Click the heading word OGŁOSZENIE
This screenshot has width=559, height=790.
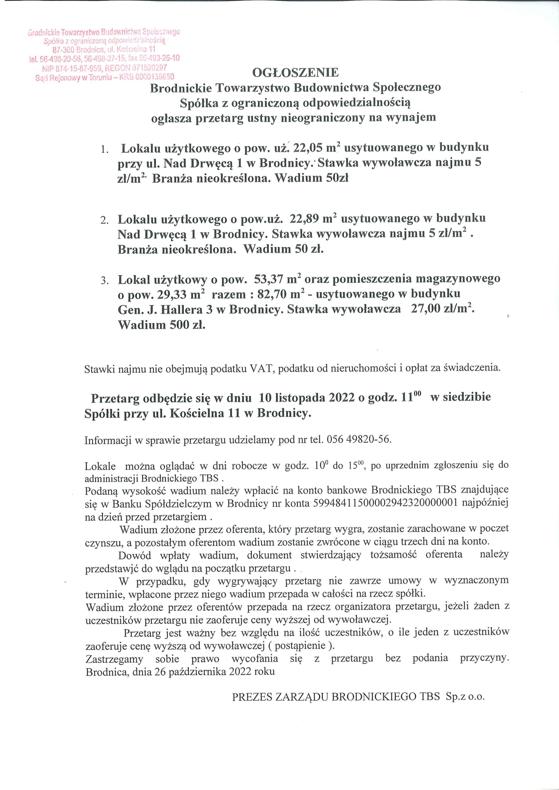[x=295, y=73]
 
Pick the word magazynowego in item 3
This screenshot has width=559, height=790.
[x=458, y=279]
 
